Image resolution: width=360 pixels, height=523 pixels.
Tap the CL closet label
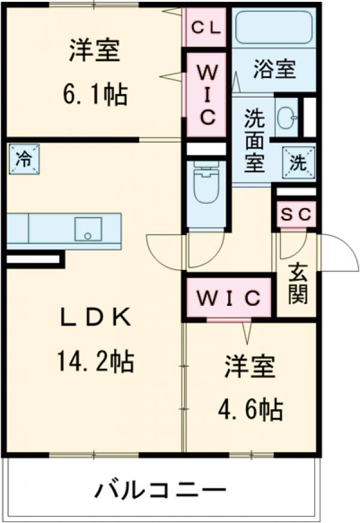(x=206, y=28)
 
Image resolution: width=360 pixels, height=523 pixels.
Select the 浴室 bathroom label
(x=274, y=70)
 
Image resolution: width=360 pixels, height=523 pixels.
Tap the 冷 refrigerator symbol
(x=24, y=160)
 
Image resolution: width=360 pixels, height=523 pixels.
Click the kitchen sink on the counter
(x=88, y=229)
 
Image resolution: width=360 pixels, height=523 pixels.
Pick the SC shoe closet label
(x=296, y=215)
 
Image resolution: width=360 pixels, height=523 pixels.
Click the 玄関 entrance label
(x=296, y=282)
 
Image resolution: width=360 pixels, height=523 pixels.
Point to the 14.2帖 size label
(x=95, y=361)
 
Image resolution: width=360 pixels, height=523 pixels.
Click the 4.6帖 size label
(x=251, y=410)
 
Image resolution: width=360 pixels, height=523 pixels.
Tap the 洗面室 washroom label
(x=254, y=142)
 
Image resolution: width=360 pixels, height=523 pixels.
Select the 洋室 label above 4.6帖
(x=250, y=368)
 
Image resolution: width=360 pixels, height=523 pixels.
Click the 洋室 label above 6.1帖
(x=95, y=50)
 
